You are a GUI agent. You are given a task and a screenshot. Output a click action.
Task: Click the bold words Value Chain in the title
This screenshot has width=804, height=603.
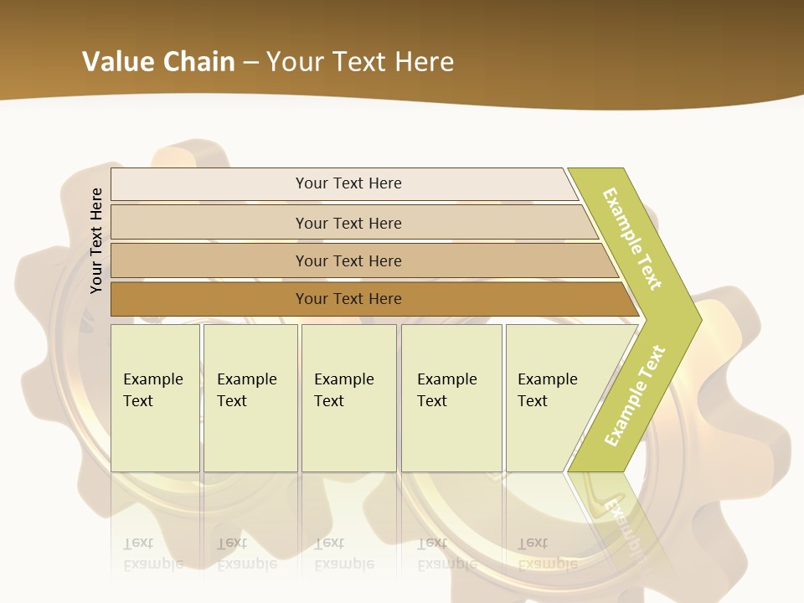pyautogui.click(x=158, y=62)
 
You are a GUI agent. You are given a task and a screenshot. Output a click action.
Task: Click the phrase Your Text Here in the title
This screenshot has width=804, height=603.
pyautogui.click(x=360, y=62)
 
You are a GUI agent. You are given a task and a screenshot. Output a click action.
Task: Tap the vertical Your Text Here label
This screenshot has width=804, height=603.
pyautogui.click(x=96, y=240)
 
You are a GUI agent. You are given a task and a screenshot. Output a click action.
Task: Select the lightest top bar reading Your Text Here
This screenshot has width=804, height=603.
pyautogui.click(x=348, y=183)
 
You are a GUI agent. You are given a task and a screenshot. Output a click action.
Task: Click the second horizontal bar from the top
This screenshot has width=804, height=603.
pyautogui.click(x=348, y=223)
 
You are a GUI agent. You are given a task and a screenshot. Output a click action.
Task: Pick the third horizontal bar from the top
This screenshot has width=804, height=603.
pyautogui.click(x=348, y=260)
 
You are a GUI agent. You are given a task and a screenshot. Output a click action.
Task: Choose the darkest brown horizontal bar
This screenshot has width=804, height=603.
pyautogui.click(x=348, y=299)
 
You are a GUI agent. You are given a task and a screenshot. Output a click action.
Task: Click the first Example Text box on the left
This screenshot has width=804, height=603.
pyautogui.click(x=155, y=398)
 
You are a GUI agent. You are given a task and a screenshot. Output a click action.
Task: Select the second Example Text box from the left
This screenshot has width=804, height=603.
pyautogui.click(x=250, y=398)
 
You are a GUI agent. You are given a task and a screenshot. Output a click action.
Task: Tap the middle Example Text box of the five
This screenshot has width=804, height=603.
pyautogui.click(x=348, y=398)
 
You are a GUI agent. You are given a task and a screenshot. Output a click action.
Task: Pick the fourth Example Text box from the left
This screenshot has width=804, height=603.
pyautogui.click(x=451, y=398)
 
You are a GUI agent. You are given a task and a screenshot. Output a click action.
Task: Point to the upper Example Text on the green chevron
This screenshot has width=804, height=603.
pyautogui.click(x=632, y=239)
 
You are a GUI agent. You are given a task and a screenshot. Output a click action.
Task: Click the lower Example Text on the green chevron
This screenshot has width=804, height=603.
pyautogui.click(x=635, y=395)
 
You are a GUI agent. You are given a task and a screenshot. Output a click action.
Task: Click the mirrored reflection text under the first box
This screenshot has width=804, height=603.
pyautogui.click(x=153, y=554)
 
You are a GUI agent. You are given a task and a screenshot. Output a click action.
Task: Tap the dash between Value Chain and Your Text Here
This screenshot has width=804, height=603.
pyautogui.click(x=250, y=63)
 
